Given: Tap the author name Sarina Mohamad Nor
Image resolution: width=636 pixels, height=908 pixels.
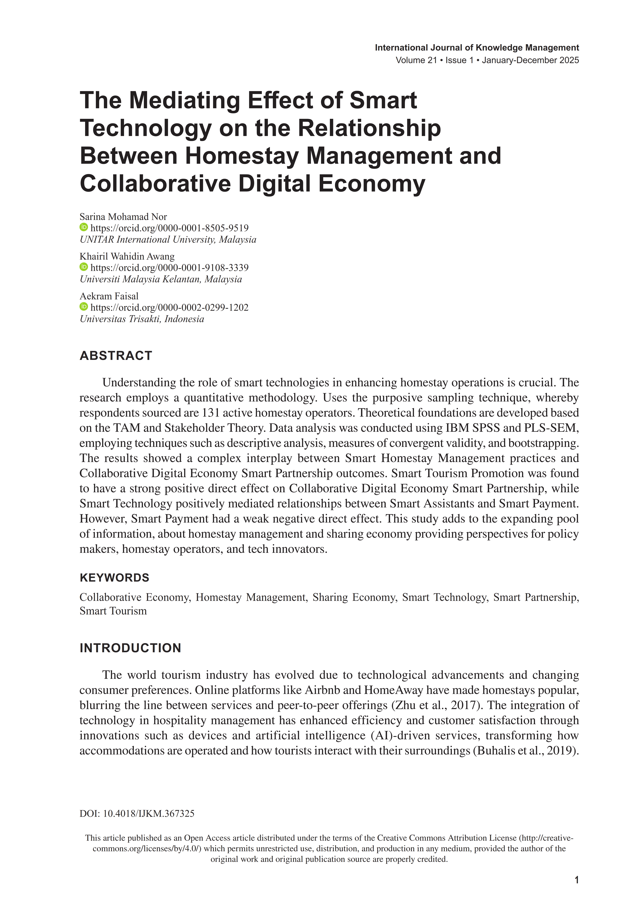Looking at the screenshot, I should [123, 217].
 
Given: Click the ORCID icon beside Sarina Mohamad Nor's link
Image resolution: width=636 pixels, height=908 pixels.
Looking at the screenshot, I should [83, 227].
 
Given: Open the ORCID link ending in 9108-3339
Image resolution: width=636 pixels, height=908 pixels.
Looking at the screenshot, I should [169, 268].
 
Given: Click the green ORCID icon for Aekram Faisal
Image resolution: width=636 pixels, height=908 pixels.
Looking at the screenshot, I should [83, 306].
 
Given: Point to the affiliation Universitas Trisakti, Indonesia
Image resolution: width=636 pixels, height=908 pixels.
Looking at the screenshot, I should [142, 319].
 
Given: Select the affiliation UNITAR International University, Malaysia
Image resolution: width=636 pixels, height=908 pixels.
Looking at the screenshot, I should [168, 240].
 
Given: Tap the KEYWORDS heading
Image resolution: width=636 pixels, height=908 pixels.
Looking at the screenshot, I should [114, 578].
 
